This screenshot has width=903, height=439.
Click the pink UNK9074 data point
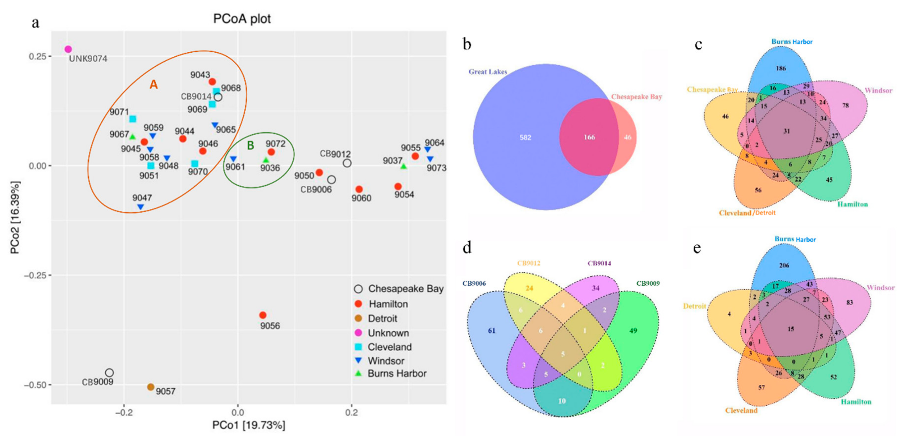tap(68, 49)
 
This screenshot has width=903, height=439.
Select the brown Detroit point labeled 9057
tap(151, 387)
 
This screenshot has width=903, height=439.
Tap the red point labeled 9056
tap(263, 315)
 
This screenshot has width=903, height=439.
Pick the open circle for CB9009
tap(109, 373)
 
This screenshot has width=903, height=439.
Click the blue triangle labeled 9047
tap(141, 207)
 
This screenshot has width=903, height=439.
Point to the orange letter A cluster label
tap(153, 84)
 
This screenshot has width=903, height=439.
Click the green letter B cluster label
tap(250, 145)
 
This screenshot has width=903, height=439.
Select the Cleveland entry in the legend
tap(389, 347)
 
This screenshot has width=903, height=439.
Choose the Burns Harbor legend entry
tap(397, 374)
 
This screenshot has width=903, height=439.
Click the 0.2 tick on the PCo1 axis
tap(351, 412)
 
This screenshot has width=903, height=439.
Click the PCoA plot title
tap(242, 19)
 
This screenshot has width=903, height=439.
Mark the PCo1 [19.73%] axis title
tap(249, 425)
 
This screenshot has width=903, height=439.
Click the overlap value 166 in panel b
tap(589, 137)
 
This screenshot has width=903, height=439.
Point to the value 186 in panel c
tap(781, 68)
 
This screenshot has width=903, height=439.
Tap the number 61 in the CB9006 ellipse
tap(492, 331)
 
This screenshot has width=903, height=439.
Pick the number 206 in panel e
tap(784, 265)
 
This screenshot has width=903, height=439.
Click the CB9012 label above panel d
tap(529, 263)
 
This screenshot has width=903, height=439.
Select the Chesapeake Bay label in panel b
tap(637, 97)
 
